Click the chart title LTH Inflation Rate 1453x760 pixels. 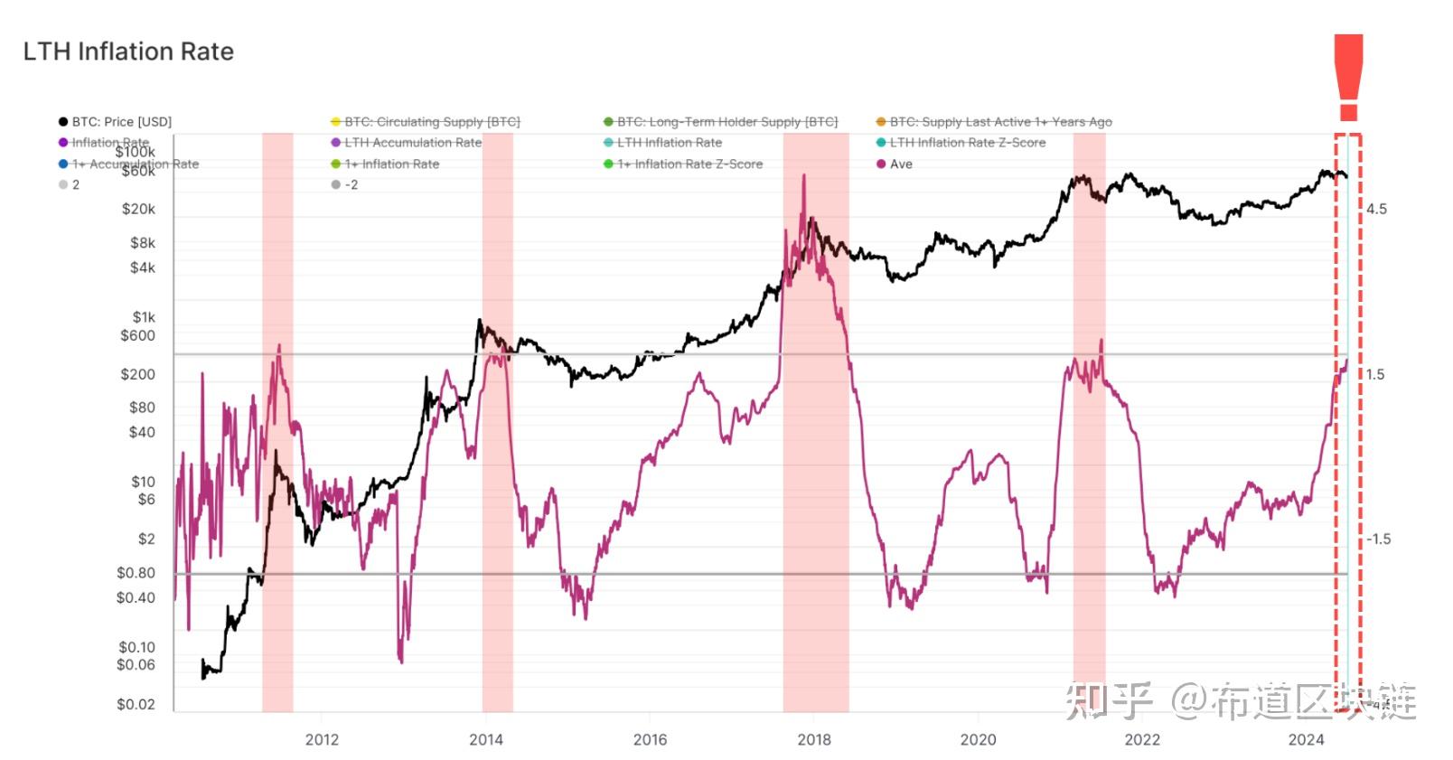(128, 52)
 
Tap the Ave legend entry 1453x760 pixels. (901, 164)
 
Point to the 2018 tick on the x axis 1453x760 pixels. (814, 740)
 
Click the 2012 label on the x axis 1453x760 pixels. (322, 740)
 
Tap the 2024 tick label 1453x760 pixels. (1306, 740)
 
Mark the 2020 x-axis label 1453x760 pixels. (978, 740)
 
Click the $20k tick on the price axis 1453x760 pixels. (138, 210)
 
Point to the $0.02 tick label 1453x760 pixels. (136, 705)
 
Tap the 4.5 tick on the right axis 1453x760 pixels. (1376, 210)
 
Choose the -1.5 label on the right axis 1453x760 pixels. (1378, 540)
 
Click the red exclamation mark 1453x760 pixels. (1348, 78)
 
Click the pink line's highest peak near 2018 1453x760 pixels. (802, 176)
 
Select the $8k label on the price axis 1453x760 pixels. (143, 243)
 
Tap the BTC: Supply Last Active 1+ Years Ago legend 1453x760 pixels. (1000, 122)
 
